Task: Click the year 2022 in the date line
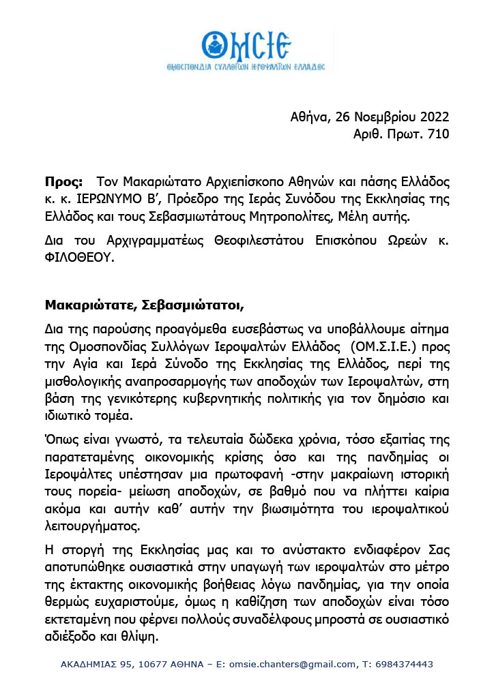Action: (432, 117)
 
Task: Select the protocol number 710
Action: (438, 134)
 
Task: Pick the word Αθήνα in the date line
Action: (309, 117)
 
